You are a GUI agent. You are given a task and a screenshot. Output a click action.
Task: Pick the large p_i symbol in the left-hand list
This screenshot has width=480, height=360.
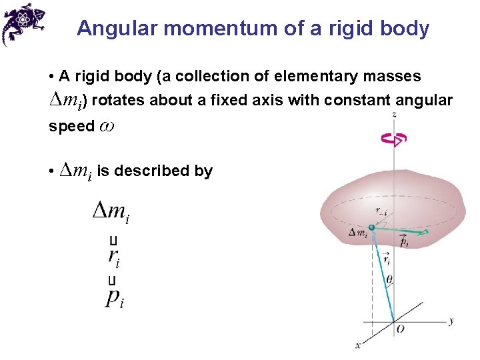tap(114, 297)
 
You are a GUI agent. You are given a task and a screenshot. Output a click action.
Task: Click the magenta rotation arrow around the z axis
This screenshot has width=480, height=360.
tap(393, 139)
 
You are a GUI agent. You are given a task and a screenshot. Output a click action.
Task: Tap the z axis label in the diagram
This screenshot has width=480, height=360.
tap(395, 115)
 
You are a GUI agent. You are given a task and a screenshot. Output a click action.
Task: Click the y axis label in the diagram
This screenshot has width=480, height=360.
tap(451, 321)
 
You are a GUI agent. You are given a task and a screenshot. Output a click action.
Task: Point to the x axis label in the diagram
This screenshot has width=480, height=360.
tap(358, 345)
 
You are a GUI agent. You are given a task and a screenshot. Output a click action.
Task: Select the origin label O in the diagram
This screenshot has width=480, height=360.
tap(400, 329)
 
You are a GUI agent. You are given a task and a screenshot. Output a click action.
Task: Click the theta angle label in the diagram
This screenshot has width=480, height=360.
tap(389, 279)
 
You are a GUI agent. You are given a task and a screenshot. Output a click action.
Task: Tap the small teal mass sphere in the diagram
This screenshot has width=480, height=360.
tap(372, 228)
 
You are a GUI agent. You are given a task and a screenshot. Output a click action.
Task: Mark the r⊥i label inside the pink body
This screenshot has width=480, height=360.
tap(381, 211)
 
